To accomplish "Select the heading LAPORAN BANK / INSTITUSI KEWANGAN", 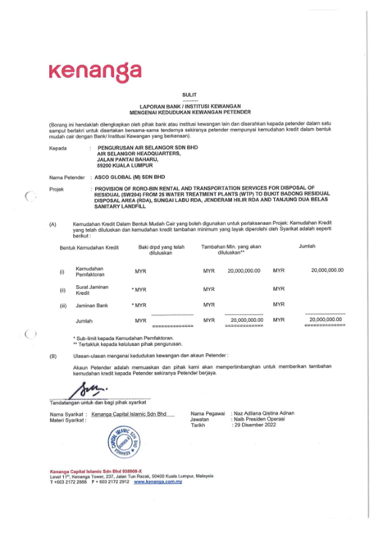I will click(x=190, y=107).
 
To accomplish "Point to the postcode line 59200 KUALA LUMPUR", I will click(x=126, y=168).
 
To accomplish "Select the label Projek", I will click(x=57, y=188).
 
